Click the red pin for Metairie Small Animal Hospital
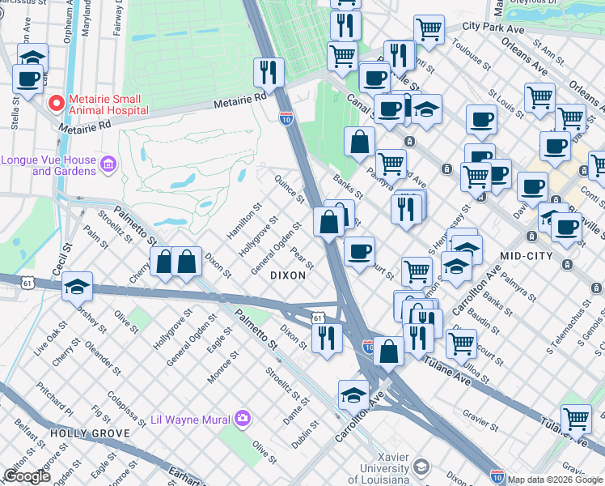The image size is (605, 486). pos(56,104)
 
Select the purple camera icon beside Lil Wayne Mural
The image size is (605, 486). pos(243,419)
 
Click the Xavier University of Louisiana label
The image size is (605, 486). pos(384,473)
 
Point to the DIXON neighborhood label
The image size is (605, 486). pos(288,275)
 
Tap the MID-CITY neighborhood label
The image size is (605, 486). pos(526,256)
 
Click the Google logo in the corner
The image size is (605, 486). pos(27,476)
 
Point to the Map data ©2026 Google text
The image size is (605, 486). pos(555,480)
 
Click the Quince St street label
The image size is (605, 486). pos(289,189)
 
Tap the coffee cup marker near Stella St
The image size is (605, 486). pos(29,79)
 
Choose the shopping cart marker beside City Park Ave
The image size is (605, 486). pos(429,30)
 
